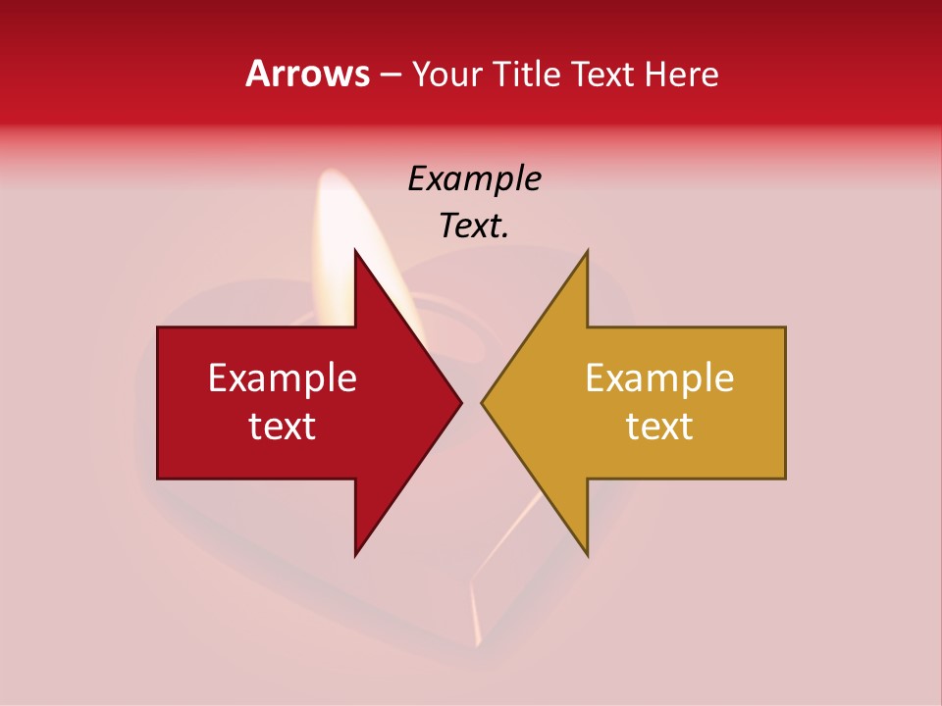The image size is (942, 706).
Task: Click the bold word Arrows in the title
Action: pyautogui.click(x=307, y=74)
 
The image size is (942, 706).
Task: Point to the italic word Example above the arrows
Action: pyautogui.click(x=475, y=179)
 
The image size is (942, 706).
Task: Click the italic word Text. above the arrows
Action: pyautogui.click(x=475, y=227)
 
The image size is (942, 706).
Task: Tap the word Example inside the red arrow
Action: pyautogui.click(x=283, y=378)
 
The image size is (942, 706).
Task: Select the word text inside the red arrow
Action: pyautogui.click(x=283, y=427)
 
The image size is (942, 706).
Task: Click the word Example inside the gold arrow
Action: pyautogui.click(x=659, y=378)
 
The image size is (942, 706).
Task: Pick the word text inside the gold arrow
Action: pyautogui.click(x=659, y=427)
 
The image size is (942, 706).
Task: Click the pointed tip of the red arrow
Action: pyautogui.click(x=459, y=402)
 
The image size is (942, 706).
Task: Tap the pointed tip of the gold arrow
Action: pyautogui.click(x=484, y=402)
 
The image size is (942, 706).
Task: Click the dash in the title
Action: pyautogui.click(x=390, y=76)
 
